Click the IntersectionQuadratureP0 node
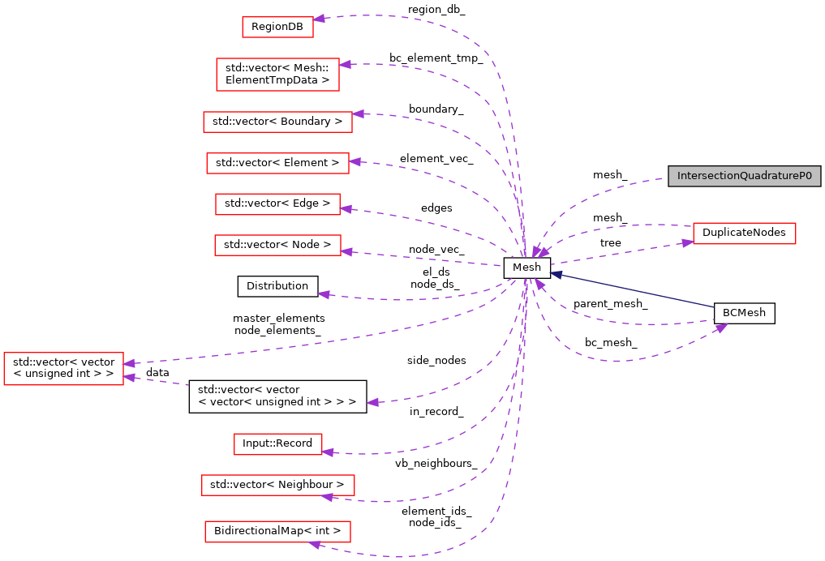coord(744,176)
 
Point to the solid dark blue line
coord(633,290)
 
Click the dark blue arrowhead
coord(556,275)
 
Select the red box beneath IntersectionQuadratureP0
coord(744,233)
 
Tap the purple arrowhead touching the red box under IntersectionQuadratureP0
coord(688,242)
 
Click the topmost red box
coord(277,27)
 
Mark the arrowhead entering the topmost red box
coord(319,19)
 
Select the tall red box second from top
coord(277,75)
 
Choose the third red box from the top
coord(277,122)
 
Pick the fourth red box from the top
coord(277,163)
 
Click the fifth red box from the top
coord(277,204)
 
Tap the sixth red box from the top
coord(277,245)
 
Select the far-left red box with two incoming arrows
coord(63,369)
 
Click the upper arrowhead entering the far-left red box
coord(129,364)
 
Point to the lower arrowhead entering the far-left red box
coord(129,377)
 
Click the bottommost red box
coord(277,532)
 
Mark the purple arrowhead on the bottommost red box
coord(315,545)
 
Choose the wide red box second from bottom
coord(277,486)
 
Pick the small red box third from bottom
coord(277,444)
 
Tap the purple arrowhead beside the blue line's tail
coord(721,328)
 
